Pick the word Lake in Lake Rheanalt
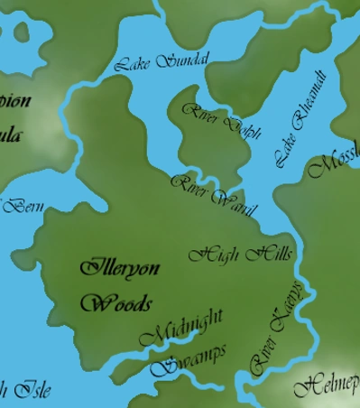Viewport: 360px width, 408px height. tap(283, 155)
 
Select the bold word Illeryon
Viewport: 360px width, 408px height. tap(119, 268)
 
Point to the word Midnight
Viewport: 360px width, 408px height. tap(182, 328)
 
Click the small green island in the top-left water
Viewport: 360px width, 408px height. tap(26, 37)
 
